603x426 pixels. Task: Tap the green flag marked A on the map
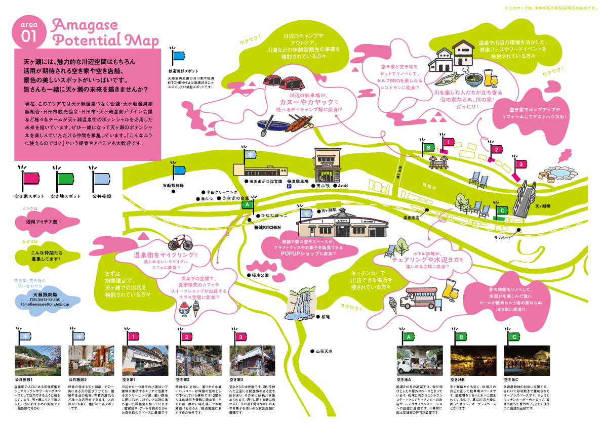[247, 205]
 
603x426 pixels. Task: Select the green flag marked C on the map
[501, 210]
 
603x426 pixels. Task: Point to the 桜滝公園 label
[260, 276]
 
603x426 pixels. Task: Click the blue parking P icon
[290, 186]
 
